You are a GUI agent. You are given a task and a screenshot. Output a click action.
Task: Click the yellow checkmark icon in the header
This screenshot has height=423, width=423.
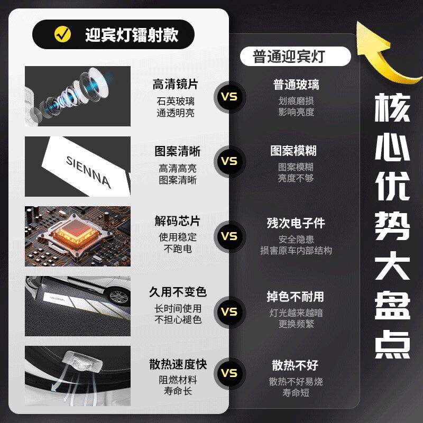pyautogui.click(x=62, y=34)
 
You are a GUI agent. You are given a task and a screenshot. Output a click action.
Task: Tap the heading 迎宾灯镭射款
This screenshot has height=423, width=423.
pyautogui.click(x=131, y=35)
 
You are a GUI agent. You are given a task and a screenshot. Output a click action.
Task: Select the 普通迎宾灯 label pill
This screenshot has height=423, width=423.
pyautogui.click(x=295, y=56)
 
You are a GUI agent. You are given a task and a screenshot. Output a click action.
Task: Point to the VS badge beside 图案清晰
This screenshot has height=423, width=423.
pyautogui.click(x=229, y=161)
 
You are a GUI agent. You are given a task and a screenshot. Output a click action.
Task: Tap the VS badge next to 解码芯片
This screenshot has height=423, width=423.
pyautogui.click(x=229, y=236)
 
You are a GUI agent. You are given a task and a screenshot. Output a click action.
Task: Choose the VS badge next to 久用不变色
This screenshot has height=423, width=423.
pyautogui.click(x=229, y=311)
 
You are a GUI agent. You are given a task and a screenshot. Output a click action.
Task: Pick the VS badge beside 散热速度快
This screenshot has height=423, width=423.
pyautogui.click(x=229, y=373)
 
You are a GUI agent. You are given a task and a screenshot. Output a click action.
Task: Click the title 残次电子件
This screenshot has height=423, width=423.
pyautogui.click(x=296, y=223)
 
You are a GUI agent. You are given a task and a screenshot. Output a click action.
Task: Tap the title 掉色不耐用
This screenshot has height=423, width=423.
pyautogui.click(x=295, y=297)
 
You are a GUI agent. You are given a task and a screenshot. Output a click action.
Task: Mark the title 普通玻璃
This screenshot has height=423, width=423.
pyautogui.click(x=296, y=85)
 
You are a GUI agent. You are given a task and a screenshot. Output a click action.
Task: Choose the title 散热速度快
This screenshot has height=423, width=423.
pyautogui.click(x=178, y=364)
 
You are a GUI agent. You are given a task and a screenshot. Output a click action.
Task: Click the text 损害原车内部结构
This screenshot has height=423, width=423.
pyautogui.click(x=296, y=250)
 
